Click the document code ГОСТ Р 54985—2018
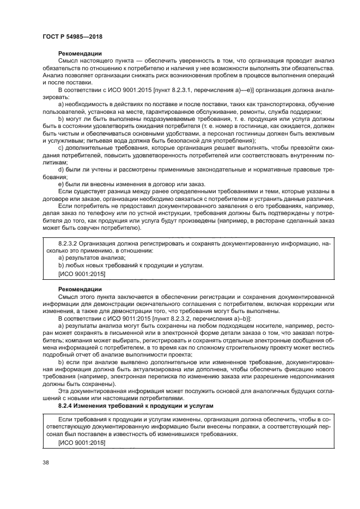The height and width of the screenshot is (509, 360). tap(72, 36)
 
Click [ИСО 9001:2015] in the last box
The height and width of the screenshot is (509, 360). tap(81, 443)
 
